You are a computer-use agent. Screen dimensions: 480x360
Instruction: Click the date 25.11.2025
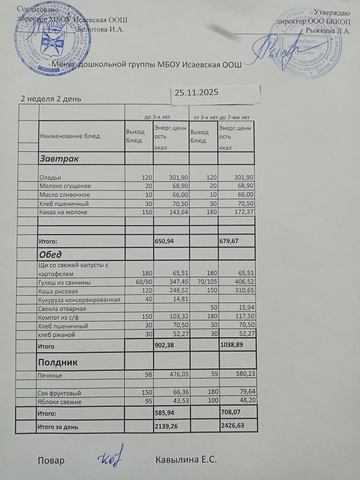coord(196,92)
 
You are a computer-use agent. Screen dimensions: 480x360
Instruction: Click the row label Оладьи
coord(49,178)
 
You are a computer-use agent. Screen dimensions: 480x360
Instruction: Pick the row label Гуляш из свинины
coord(65,282)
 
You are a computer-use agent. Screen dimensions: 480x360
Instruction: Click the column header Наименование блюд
coord(70,136)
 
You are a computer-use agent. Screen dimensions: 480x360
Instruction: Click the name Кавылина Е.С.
coord(186,460)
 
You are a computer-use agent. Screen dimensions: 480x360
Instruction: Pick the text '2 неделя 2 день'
coord(51,98)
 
